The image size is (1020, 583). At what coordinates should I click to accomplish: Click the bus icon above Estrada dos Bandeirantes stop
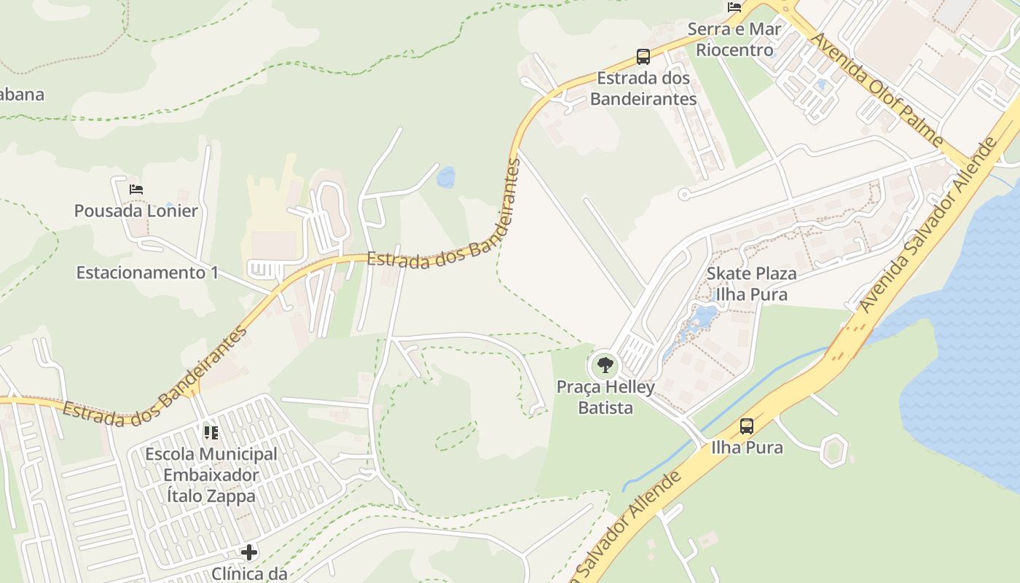tap(643, 56)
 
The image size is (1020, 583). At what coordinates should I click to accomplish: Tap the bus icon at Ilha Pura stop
tap(747, 426)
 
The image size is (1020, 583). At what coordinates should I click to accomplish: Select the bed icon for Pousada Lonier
tap(136, 189)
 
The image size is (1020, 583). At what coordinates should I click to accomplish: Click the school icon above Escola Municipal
tap(211, 433)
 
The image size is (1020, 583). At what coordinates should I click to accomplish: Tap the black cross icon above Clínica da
tap(249, 552)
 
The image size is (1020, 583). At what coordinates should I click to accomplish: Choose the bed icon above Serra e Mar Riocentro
tap(734, 7)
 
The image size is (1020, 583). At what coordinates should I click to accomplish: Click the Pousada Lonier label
tap(136, 211)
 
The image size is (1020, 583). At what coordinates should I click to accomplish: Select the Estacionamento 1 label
tap(147, 273)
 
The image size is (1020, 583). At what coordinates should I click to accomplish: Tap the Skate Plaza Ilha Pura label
tap(751, 284)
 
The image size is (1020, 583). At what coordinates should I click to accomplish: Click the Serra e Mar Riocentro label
tap(734, 40)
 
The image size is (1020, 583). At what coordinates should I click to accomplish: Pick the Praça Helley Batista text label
tap(605, 397)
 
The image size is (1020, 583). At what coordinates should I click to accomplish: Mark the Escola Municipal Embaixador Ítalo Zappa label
tap(211, 475)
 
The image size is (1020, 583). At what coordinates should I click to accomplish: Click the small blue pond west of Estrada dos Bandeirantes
tap(445, 177)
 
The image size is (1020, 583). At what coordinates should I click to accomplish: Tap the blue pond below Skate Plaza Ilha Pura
tap(704, 316)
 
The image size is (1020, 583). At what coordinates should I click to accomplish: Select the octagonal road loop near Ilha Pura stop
tap(833, 450)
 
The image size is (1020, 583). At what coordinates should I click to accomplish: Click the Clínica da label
tap(249, 574)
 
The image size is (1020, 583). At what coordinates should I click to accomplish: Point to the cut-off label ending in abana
tap(22, 94)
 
